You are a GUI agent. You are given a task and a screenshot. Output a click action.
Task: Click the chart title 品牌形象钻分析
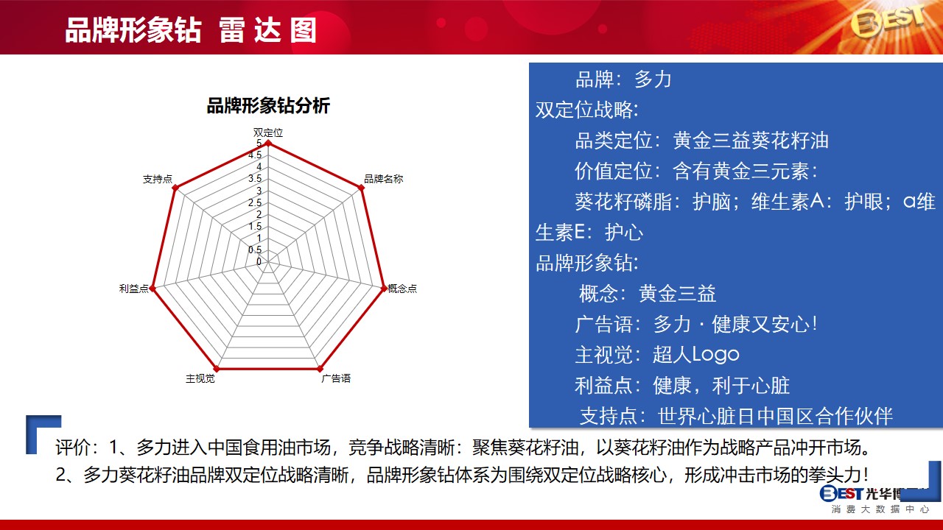[268, 105]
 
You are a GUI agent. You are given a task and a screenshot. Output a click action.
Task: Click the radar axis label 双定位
[268, 132]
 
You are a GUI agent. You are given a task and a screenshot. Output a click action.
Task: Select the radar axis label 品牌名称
[384, 179]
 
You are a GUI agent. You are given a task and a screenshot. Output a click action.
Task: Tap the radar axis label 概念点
[402, 289]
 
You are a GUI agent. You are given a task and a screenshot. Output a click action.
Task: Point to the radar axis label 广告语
[336, 378]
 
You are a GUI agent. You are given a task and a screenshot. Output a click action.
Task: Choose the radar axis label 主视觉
[200, 378]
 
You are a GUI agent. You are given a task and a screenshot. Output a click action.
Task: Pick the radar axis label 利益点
[134, 289]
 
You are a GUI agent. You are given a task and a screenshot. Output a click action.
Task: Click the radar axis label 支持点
[158, 179]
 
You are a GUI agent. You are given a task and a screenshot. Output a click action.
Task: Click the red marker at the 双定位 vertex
[269, 144]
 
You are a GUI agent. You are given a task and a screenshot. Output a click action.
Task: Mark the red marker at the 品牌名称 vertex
[361, 188]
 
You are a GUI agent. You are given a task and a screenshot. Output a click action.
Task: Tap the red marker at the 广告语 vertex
[320, 369]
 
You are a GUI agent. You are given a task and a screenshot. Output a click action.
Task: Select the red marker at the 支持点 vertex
[175, 188]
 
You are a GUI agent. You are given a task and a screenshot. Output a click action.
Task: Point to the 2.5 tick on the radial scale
[255, 202]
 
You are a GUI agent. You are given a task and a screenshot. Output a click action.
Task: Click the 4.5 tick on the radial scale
[255, 155]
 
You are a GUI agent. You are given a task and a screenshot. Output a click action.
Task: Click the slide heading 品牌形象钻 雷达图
[191, 30]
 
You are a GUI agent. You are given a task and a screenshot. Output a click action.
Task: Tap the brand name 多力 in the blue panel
[653, 79]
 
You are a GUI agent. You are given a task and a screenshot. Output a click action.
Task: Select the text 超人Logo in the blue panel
[696, 355]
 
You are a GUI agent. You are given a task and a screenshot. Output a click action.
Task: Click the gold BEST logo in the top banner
[888, 21]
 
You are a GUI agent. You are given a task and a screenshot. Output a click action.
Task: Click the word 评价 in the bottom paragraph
[73, 447]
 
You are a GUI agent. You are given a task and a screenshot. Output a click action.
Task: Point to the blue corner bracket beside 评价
[32, 434]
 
